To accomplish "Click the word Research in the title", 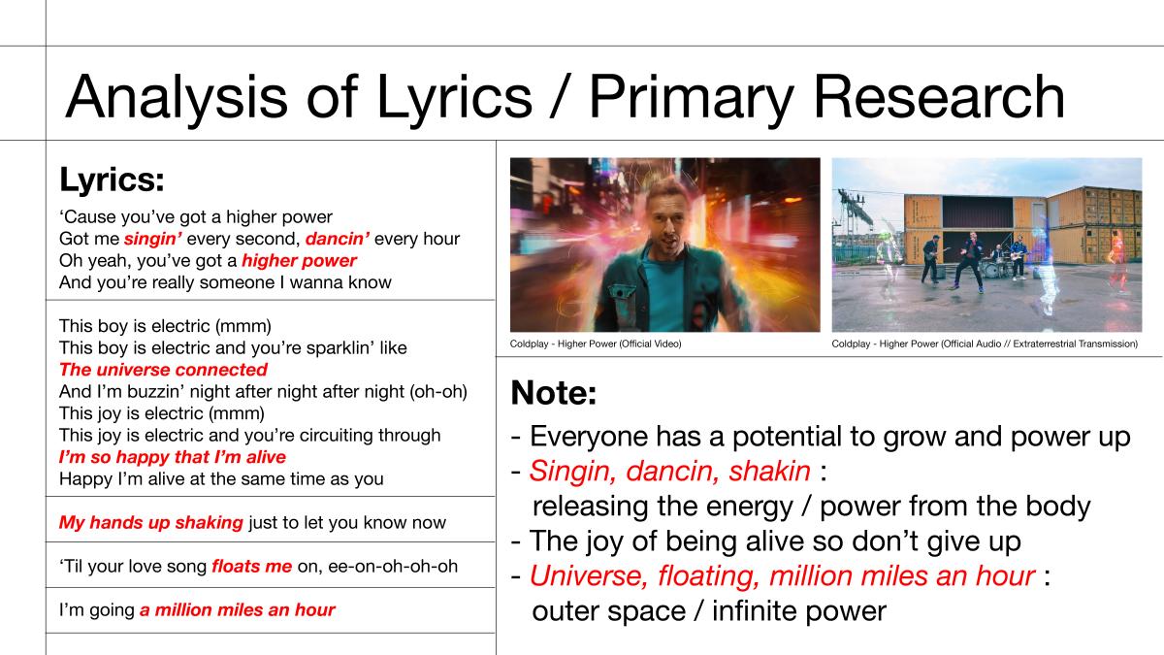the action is (939, 97).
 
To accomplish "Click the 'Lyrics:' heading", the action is (113, 180).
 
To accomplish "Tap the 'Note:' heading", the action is (554, 393).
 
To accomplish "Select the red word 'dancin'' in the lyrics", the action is (338, 239).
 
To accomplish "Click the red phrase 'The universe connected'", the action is (163, 370).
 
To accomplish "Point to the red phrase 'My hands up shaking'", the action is (151, 522).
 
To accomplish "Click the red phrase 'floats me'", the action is (252, 566).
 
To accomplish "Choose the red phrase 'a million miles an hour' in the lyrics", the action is (238, 609).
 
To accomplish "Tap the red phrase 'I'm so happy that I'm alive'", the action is (173, 457).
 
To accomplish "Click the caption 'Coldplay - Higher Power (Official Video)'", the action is (596, 344).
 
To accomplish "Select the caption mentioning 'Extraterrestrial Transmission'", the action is (985, 344).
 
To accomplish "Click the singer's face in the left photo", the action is (666, 218).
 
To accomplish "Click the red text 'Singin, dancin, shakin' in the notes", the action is (670, 472).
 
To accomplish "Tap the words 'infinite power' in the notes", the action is (799, 611).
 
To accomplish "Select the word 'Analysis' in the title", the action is (177, 98).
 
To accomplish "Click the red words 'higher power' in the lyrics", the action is (300, 261).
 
